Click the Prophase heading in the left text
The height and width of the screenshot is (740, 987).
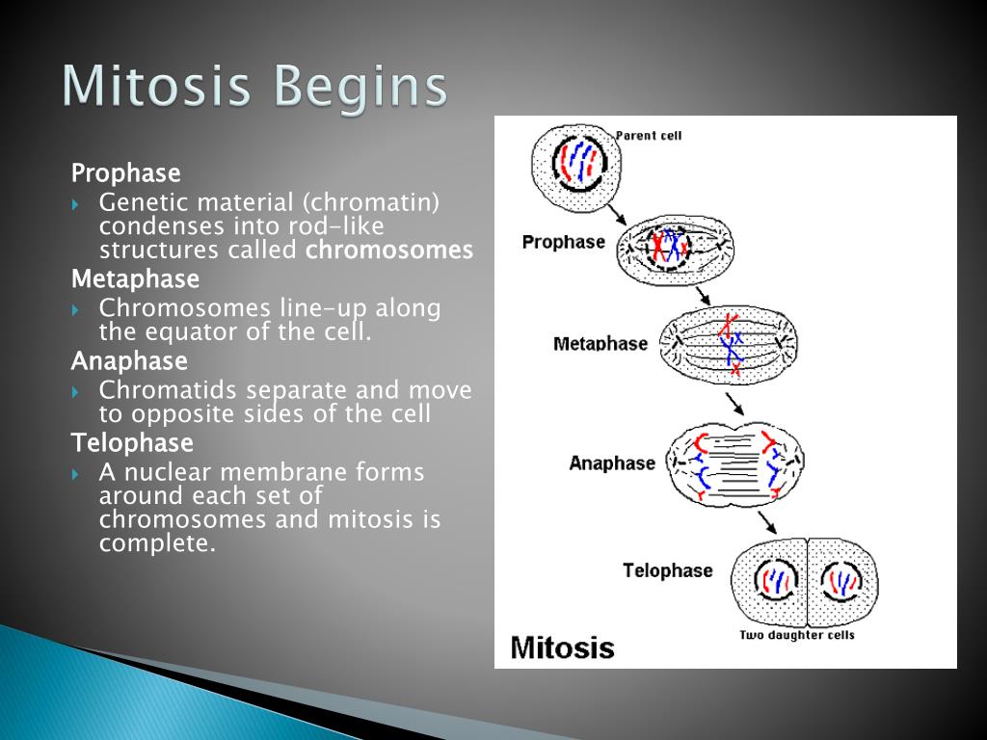tap(126, 173)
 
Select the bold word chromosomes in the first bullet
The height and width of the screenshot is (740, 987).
tap(389, 250)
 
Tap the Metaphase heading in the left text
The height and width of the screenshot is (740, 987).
tap(135, 278)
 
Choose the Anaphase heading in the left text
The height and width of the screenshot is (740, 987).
tap(129, 361)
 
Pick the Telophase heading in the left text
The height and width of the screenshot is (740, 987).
tap(132, 443)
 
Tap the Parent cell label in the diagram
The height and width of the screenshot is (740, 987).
tap(649, 135)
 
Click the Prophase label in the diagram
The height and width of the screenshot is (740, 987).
tap(563, 242)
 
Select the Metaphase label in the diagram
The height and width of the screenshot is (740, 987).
tap(600, 344)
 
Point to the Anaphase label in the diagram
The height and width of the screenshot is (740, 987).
tap(612, 463)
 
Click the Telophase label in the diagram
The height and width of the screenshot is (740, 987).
tap(668, 570)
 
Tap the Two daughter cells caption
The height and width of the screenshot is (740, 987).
tap(797, 635)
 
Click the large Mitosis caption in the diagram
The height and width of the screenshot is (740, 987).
tap(562, 647)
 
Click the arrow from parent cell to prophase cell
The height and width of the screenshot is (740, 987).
tap(616, 214)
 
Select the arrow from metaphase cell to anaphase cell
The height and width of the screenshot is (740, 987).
tap(734, 404)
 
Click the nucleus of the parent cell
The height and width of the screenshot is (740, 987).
tap(578, 162)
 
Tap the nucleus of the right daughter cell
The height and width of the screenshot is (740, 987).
tap(841, 582)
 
